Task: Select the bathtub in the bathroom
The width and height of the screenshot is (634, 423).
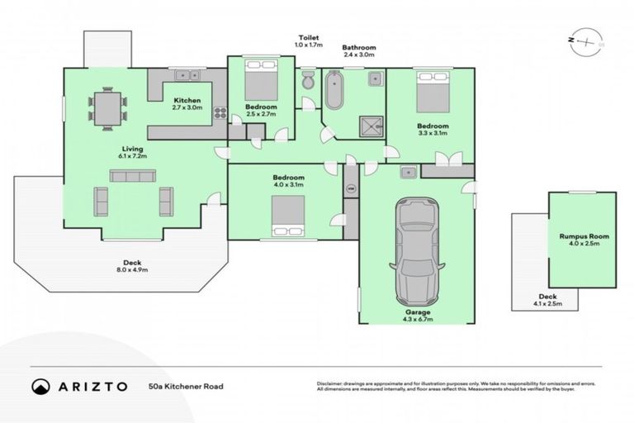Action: tap(334, 91)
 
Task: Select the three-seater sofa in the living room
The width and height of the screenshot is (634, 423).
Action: tap(133, 175)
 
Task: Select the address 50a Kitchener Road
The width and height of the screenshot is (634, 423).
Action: tap(186, 386)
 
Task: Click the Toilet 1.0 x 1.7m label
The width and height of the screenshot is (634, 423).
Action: tap(310, 41)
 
